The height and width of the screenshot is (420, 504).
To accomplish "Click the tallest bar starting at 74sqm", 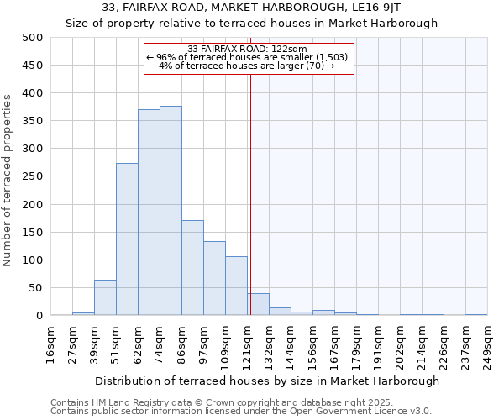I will [171, 211].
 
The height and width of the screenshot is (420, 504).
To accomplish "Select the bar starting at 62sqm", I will [149, 213].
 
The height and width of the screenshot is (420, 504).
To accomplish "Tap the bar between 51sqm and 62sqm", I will [127, 239].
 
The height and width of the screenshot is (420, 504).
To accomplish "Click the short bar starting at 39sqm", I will [105, 297].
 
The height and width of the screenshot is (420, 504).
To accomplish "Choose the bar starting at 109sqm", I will [236, 286].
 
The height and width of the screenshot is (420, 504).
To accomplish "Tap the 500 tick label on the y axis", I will [33, 38].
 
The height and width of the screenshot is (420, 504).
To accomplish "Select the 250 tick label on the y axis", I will [33, 176].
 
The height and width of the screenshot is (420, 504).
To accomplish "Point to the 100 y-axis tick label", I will [33, 260].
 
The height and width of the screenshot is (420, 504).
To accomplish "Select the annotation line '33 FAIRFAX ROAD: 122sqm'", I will [249, 49].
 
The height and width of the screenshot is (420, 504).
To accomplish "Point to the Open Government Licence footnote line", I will [241, 412].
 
